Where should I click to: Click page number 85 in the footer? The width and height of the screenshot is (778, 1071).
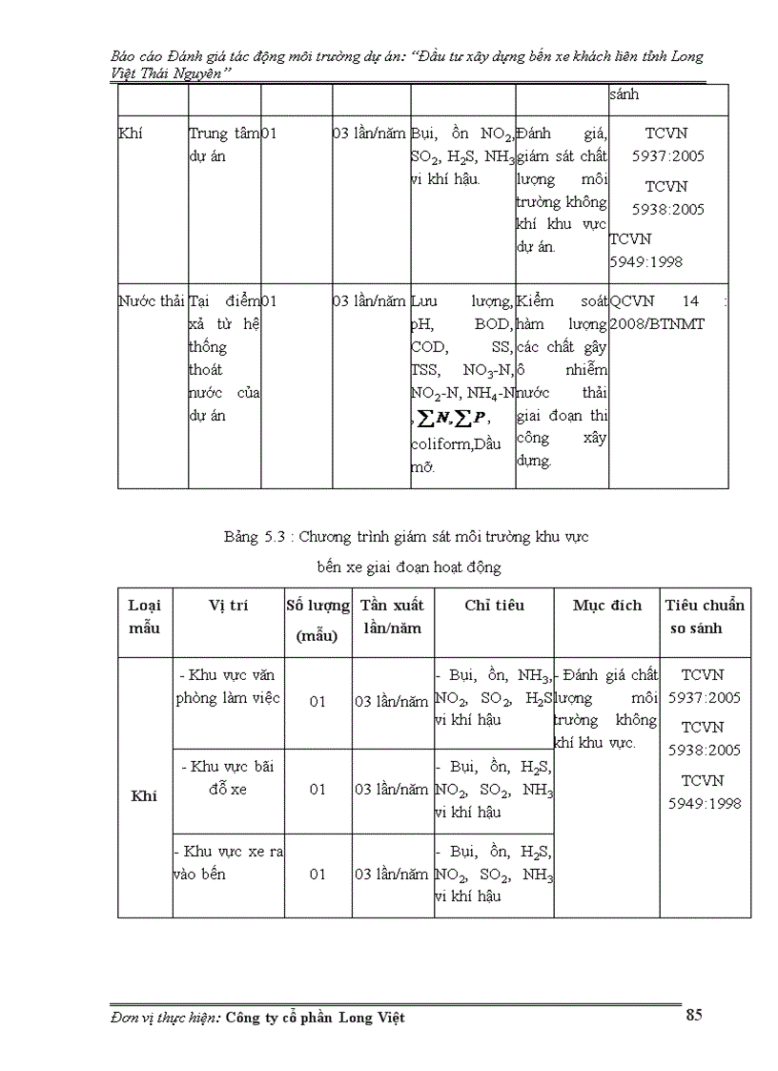pyautogui.click(x=693, y=1015)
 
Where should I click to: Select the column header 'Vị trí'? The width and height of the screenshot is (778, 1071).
pyautogui.click(x=229, y=605)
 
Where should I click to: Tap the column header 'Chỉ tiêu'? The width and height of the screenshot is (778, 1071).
pyautogui.click(x=494, y=605)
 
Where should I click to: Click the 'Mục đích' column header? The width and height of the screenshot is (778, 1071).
pyautogui.click(x=607, y=605)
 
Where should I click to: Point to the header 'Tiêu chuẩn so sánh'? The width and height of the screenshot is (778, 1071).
pyautogui.click(x=705, y=616)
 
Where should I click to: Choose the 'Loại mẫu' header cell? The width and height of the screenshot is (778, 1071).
pyautogui.click(x=145, y=616)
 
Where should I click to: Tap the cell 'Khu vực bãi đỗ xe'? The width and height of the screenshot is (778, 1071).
pyautogui.click(x=227, y=777)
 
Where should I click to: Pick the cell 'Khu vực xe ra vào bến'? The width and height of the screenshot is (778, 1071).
pyautogui.click(x=227, y=862)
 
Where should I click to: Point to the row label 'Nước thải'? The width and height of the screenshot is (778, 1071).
pyautogui.click(x=151, y=301)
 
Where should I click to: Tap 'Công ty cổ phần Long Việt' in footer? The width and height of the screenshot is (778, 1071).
pyautogui.click(x=315, y=1018)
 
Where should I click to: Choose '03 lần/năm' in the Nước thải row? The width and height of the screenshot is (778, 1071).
pyautogui.click(x=369, y=301)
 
